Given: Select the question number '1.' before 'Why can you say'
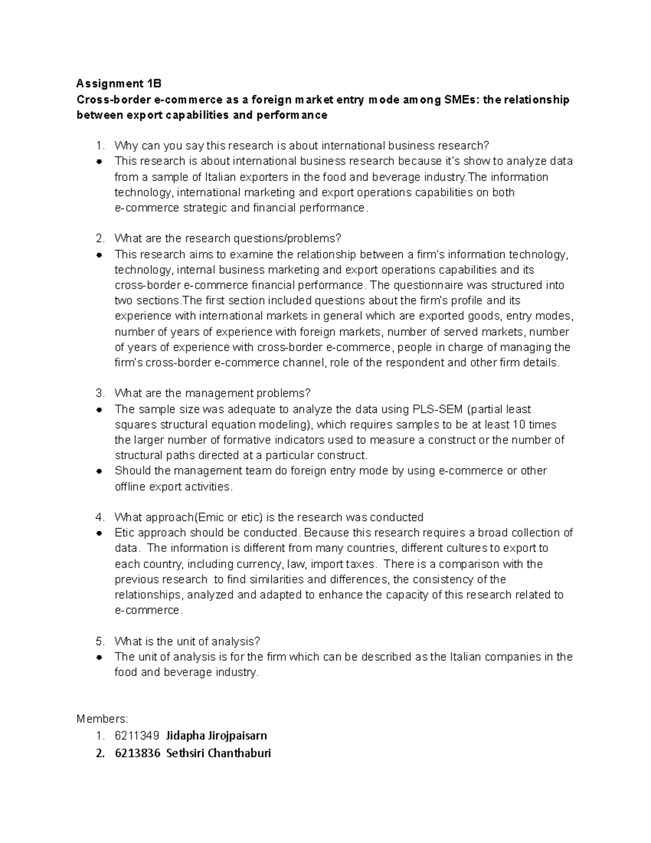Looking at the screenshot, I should click(99, 145).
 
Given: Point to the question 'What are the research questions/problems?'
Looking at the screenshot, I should click(228, 239).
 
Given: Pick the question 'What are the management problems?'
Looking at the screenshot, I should click(213, 394).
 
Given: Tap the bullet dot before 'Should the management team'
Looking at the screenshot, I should click(99, 471).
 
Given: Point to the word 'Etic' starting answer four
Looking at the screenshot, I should click(125, 533).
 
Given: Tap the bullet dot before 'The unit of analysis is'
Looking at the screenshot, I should click(99, 657).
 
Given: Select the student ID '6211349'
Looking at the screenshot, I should click(137, 736).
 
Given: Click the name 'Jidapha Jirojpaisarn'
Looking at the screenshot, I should click(216, 736).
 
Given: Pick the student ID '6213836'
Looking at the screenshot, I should click(137, 753).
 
